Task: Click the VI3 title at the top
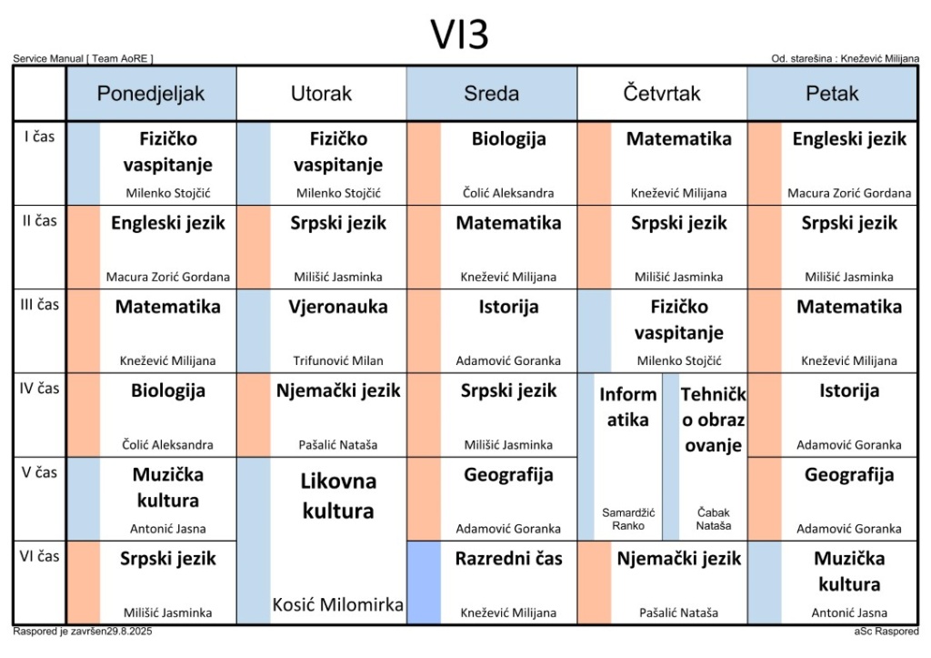[x=459, y=35]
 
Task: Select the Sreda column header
[x=492, y=94]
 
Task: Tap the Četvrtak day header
[x=662, y=94]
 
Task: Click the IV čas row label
[x=39, y=389]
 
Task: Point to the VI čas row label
[x=39, y=556]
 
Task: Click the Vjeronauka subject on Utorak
[x=338, y=307]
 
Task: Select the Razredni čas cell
[x=492, y=582]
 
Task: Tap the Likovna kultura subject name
[x=338, y=496]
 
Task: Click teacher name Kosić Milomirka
[x=338, y=604]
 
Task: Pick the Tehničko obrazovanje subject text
[x=713, y=420]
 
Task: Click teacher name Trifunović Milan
[x=338, y=360]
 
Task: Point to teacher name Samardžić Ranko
[x=628, y=519]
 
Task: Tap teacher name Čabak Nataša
[x=713, y=519]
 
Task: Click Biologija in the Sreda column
[x=509, y=138]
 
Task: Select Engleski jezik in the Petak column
[x=849, y=138]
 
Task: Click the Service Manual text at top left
[x=83, y=58]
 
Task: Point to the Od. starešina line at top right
[x=845, y=58]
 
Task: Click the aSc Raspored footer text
[x=886, y=632]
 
